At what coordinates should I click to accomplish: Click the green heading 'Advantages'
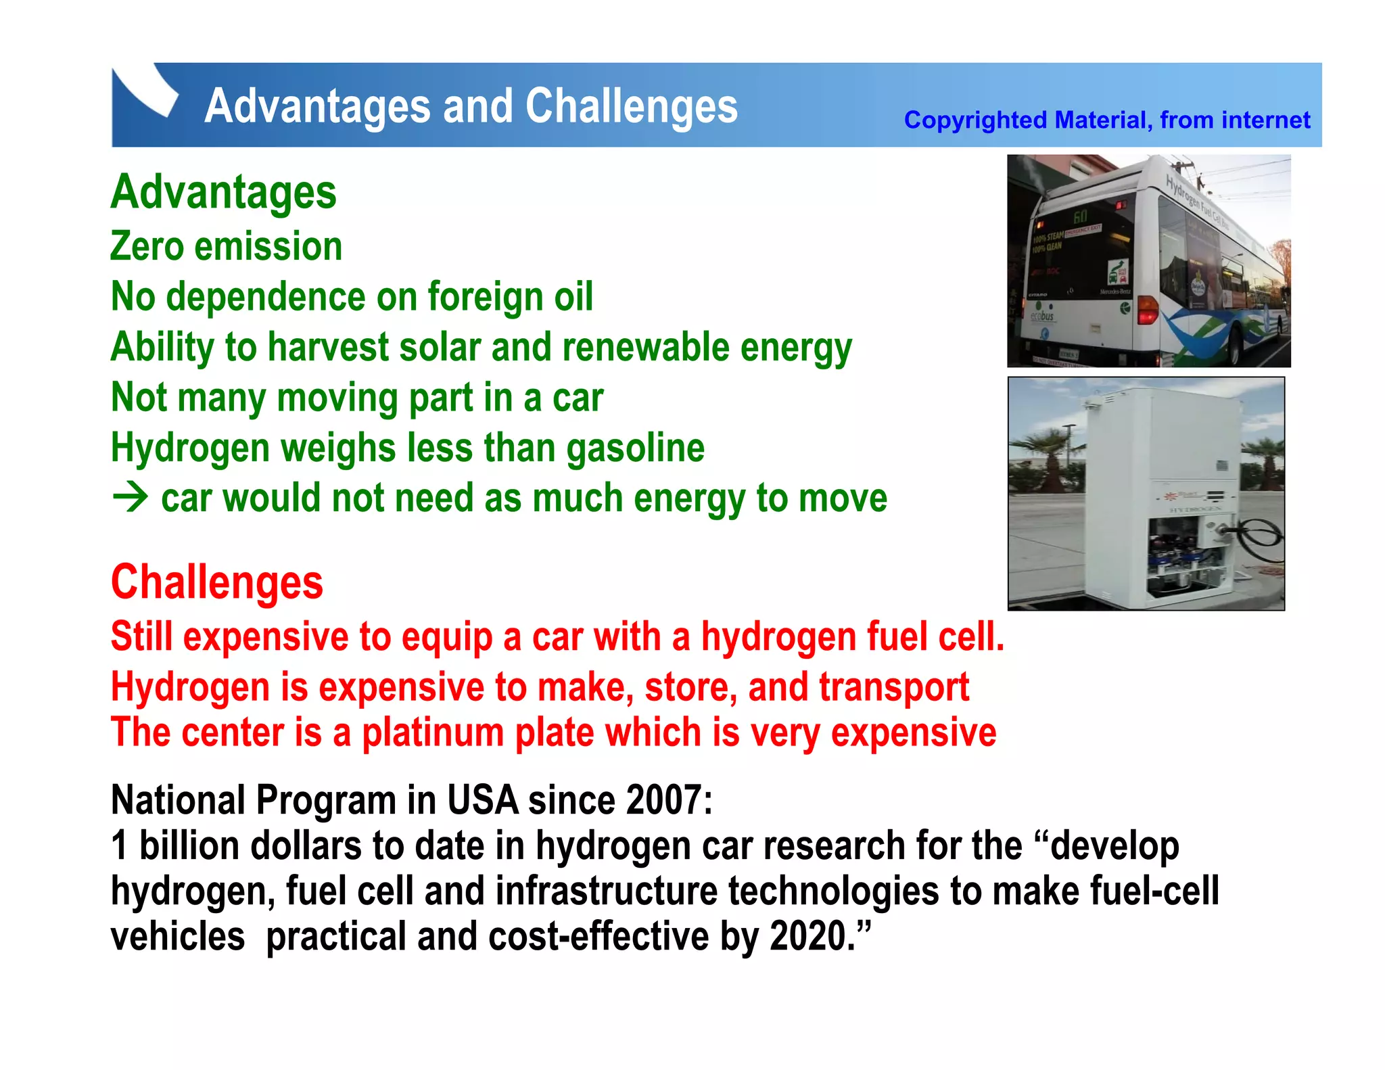[x=223, y=193]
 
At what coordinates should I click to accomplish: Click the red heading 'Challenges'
[x=217, y=582]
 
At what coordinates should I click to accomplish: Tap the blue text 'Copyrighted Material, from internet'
[x=1106, y=120]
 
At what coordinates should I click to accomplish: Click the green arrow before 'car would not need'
[x=131, y=498]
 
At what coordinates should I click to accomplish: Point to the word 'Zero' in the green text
[x=147, y=246]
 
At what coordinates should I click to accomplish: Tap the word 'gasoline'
[x=635, y=448]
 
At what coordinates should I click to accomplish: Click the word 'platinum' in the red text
[x=433, y=732]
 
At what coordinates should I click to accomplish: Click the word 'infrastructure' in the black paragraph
[x=606, y=891]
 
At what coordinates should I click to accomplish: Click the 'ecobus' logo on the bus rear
[x=1042, y=316]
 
